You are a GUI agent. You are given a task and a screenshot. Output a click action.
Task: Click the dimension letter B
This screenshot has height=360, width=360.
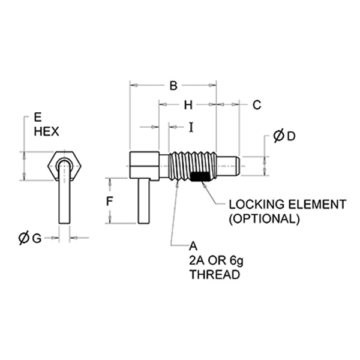173,85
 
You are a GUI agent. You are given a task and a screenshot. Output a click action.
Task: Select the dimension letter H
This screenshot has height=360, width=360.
188,105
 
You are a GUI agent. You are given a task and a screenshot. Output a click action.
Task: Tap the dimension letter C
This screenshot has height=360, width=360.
257,105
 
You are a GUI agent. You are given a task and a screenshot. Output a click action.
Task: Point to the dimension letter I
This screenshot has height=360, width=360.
191,127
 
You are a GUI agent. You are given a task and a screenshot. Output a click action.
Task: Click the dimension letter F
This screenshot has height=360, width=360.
110,202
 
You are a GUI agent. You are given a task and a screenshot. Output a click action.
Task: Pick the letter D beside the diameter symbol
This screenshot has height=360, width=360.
291,136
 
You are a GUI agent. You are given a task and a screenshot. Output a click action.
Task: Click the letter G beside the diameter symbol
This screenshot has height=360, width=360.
37,239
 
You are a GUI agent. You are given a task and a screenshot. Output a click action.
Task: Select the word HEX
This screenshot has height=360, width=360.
47,132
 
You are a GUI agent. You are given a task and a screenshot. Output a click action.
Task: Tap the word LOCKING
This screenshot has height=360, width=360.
256,205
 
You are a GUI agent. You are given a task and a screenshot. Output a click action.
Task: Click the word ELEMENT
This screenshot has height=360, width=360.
317,205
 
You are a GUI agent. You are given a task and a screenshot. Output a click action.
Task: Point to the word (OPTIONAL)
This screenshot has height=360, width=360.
264,219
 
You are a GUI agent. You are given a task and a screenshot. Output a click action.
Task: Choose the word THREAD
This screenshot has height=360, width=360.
215,275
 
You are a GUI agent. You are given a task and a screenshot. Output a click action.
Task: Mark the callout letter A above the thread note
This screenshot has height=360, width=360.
193,247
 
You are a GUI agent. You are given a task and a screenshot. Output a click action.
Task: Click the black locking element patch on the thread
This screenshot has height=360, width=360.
200,176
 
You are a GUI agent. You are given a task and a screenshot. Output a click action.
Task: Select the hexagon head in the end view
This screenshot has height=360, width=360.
64,166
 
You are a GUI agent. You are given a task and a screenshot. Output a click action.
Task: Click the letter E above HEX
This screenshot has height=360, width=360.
38,118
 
